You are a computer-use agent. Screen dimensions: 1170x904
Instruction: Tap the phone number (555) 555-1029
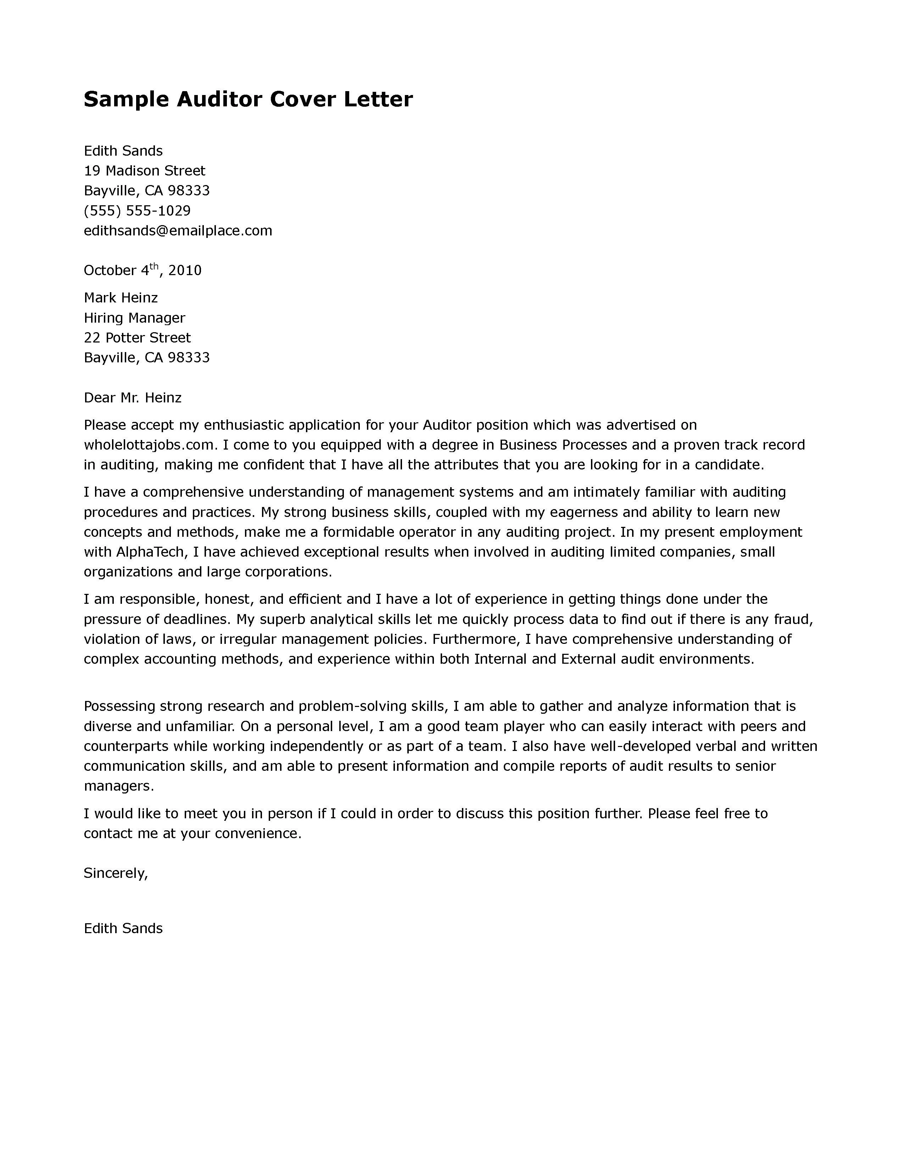137,211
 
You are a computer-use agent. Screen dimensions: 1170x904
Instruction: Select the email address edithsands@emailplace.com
178,231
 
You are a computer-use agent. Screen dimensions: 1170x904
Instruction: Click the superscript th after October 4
154,266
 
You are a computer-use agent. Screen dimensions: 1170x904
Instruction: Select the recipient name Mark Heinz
121,298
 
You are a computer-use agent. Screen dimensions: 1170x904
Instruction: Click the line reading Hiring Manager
134,318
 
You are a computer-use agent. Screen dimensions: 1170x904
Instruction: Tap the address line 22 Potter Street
137,338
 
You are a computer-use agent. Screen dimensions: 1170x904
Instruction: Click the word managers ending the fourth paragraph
118,786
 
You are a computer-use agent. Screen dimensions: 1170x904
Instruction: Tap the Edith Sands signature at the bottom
123,929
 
